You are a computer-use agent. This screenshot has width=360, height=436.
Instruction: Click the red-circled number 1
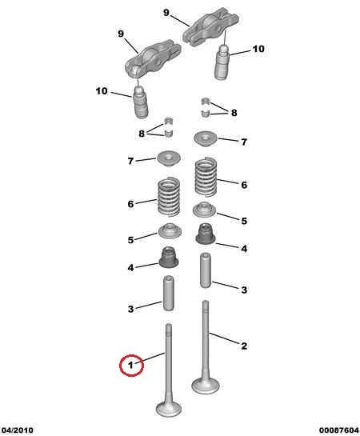[x=130, y=365]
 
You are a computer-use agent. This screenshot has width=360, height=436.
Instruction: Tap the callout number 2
[x=244, y=346]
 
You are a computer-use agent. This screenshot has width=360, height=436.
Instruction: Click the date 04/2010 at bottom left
[x=18, y=430]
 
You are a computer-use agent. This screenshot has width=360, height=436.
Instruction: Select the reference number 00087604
[x=339, y=430]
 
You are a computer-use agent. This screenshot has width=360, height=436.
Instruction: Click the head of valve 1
[x=169, y=409]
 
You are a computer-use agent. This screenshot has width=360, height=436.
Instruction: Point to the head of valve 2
[x=206, y=386]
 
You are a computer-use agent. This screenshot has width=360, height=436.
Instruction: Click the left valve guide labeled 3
[x=169, y=293]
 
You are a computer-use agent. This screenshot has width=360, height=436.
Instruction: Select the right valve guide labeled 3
[x=206, y=270]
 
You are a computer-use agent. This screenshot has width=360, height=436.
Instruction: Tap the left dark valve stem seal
[x=168, y=258]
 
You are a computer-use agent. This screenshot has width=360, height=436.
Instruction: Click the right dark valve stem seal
[x=206, y=234]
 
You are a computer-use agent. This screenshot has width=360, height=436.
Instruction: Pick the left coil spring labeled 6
[x=169, y=197]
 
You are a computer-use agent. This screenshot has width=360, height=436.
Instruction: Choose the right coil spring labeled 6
[x=206, y=177]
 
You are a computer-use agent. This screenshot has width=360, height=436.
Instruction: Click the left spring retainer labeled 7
[x=169, y=158]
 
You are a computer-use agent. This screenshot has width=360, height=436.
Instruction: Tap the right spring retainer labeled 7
[x=206, y=138]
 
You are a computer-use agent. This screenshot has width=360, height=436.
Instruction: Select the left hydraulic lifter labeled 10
[x=141, y=102]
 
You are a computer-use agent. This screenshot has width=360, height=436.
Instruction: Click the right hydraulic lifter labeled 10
[x=222, y=62]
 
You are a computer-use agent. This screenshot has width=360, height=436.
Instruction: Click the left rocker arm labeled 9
[x=153, y=58]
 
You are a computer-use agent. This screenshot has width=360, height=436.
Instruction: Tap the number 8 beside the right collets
[x=234, y=113]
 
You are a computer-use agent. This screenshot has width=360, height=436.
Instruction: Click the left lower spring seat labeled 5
[x=170, y=230]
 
